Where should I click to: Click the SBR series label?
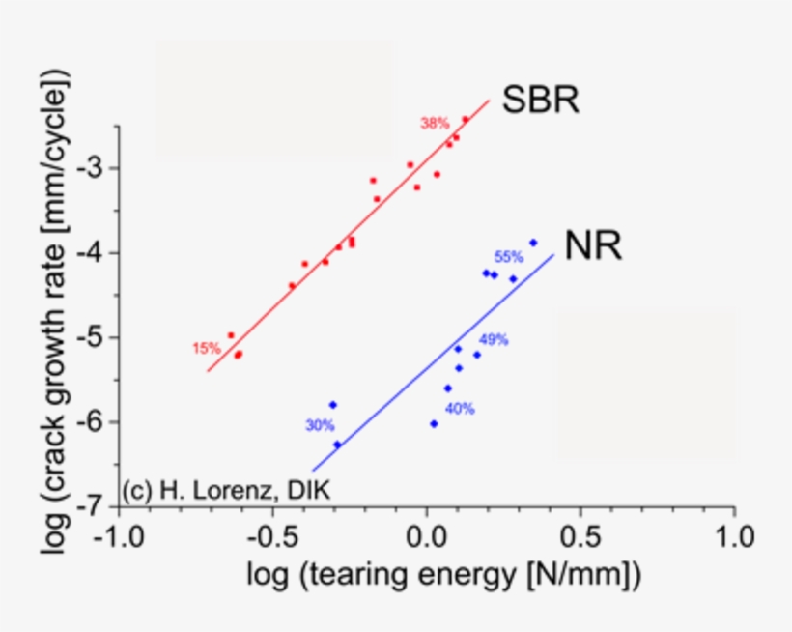point(540,100)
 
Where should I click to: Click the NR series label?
point(593,247)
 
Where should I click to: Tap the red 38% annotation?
point(435,123)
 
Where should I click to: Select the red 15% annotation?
point(206,348)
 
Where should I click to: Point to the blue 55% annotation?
point(508,257)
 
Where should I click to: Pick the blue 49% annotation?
point(494,339)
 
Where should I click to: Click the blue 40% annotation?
point(460,408)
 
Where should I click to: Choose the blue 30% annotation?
point(320,424)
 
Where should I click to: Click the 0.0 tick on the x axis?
point(426,534)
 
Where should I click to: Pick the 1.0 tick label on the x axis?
point(735,534)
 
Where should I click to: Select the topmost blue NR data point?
point(533,243)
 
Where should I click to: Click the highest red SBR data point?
point(465,120)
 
